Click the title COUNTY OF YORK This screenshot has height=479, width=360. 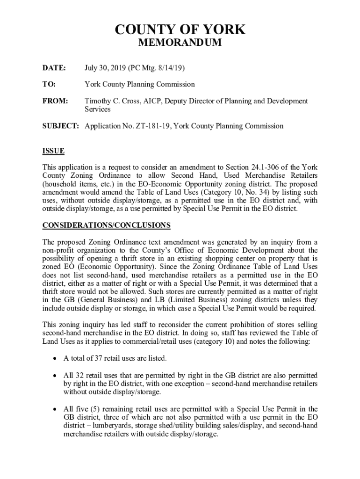(x=180, y=30)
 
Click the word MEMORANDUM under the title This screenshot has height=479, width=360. (x=180, y=44)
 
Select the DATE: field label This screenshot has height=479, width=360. (x=54, y=68)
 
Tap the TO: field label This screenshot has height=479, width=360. (x=49, y=85)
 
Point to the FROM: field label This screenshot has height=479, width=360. (x=56, y=101)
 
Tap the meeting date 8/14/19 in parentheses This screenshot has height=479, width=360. (x=170, y=68)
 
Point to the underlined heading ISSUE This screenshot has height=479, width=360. (x=53, y=151)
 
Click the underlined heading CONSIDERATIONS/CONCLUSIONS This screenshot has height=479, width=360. (x=107, y=225)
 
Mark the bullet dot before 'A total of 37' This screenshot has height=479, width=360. (x=55, y=359)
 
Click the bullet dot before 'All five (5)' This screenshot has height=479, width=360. (x=55, y=409)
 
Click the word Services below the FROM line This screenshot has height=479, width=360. (x=97, y=109)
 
